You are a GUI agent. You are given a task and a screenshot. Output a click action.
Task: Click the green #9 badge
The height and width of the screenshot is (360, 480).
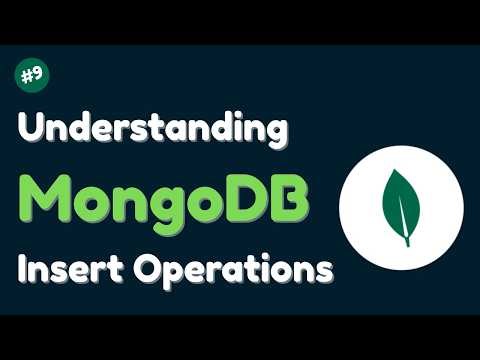pyautogui.click(x=34, y=75)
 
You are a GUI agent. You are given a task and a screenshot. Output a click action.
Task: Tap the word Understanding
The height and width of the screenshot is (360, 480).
pyautogui.click(x=152, y=132)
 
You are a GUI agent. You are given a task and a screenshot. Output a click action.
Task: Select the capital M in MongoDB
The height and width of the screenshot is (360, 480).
pyautogui.click(x=46, y=196)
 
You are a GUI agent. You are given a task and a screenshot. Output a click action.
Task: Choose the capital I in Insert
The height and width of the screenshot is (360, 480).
pyautogui.click(x=22, y=266)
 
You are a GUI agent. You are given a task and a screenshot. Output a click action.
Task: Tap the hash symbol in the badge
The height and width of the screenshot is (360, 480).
pyautogui.click(x=28, y=75)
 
